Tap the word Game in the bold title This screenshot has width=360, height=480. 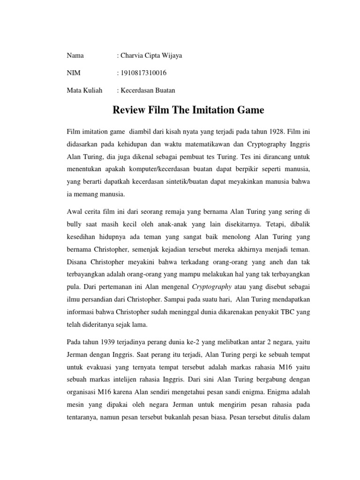click(x=248, y=111)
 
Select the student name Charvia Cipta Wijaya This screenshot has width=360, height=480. click(x=150, y=56)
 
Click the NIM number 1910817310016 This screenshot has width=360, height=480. click(x=142, y=73)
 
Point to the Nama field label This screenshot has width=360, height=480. click(x=75, y=56)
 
